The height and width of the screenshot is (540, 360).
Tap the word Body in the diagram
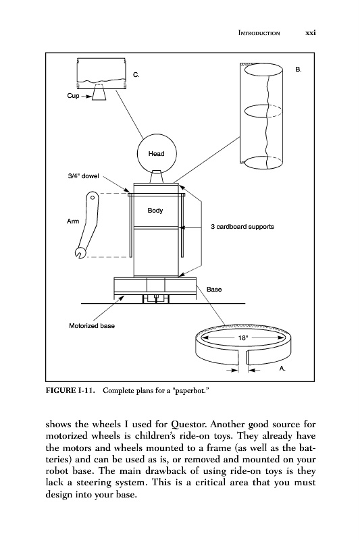(x=155, y=211)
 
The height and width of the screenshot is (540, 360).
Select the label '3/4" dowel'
(x=83, y=176)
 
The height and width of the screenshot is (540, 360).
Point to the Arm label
(x=73, y=221)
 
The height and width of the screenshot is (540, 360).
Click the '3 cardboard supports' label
(x=242, y=227)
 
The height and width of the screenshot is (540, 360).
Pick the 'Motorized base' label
(x=92, y=326)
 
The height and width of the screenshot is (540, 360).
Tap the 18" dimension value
(x=243, y=338)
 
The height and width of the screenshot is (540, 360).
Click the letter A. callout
(x=282, y=369)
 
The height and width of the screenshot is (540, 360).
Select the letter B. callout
(x=299, y=70)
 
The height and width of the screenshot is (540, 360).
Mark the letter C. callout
(x=136, y=75)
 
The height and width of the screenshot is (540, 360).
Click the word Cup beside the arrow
(x=73, y=96)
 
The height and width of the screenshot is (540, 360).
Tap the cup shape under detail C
(x=99, y=92)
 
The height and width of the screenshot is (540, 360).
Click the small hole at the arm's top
(x=93, y=197)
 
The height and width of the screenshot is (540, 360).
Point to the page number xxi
(x=311, y=32)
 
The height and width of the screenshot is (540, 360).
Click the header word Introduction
(x=259, y=33)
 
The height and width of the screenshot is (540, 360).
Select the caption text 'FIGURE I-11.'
(x=71, y=390)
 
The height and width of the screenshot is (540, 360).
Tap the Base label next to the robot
(x=214, y=290)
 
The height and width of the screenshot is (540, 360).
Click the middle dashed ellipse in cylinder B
(x=263, y=111)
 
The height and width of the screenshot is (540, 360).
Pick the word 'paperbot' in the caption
(x=191, y=391)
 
